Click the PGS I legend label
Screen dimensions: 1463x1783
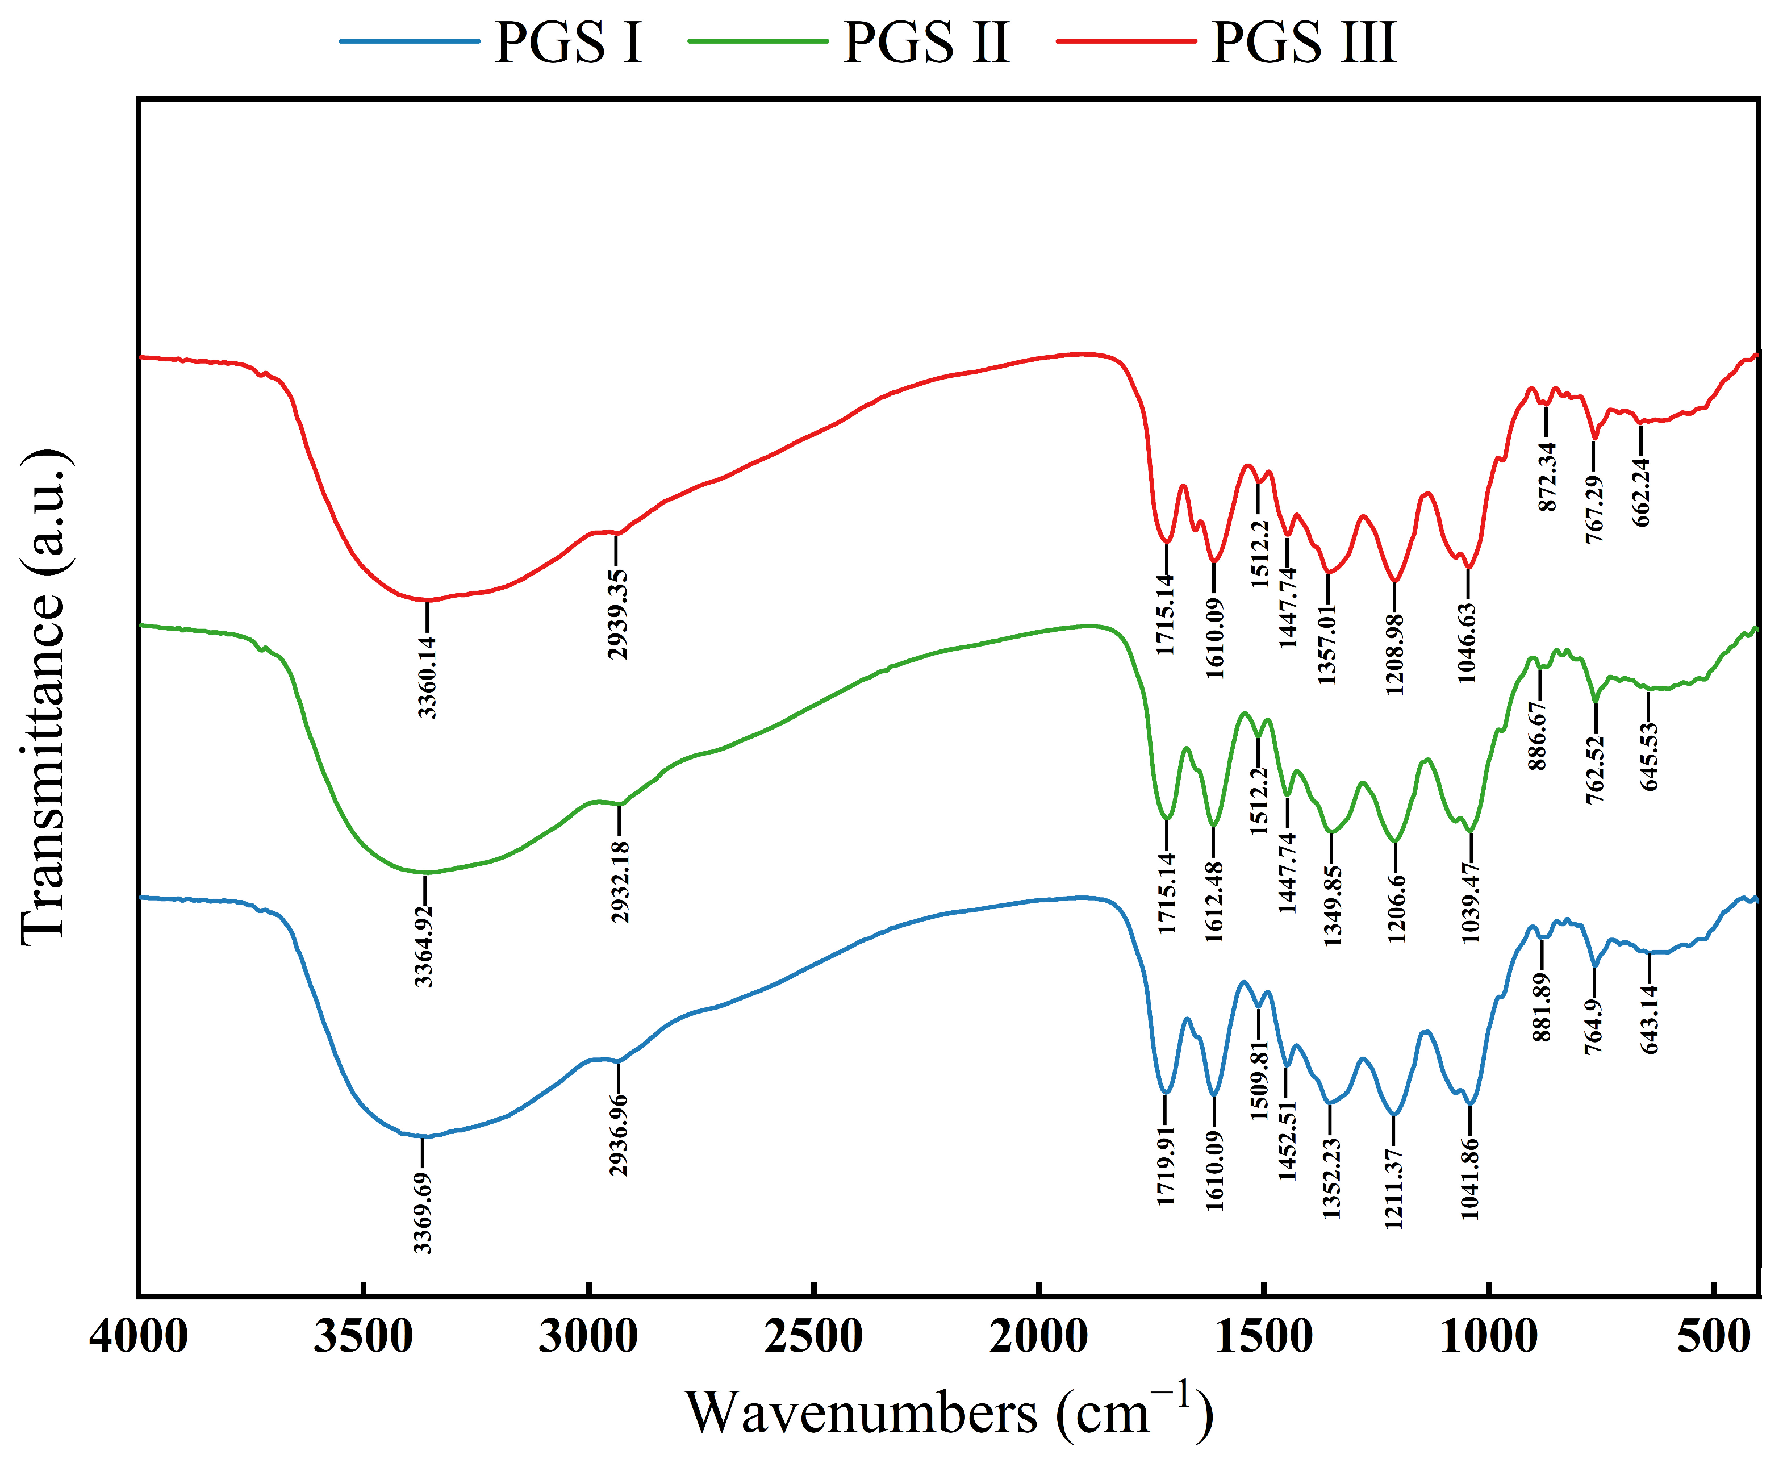pyautogui.click(x=568, y=42)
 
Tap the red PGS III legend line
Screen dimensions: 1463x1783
pyautogui.click(x=1126, y=40)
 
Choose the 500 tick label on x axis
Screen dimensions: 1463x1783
pyautogui.click(x=1713, y=1337)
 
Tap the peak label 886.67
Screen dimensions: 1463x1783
pyautogui.click(x=1539, y=736)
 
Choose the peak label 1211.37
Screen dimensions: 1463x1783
pyautogui.click(x=1394, y=1189)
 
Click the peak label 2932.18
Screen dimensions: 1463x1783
pyautogui.click(x=620, y=882)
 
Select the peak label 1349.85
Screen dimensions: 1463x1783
pyautogui.click(x=1332, y=906)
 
